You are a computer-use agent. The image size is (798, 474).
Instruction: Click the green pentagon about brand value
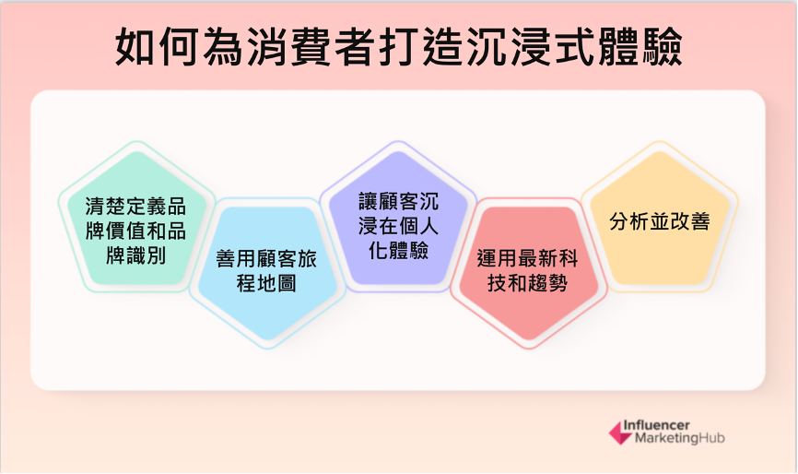click(x=136, y=219)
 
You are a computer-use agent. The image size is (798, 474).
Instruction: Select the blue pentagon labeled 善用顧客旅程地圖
click(x=267, y=272)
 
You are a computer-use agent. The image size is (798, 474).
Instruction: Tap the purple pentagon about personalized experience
click(x=398, y=219)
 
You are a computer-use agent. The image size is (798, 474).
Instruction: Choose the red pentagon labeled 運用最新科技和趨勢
click(x=529, y=272)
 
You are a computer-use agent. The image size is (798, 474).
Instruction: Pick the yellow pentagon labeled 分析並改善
click(x=660, y=219)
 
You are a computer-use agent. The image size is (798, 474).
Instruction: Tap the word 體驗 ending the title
click(x=640, y=47)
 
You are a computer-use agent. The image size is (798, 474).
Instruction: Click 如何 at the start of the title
click(x=157, y=47)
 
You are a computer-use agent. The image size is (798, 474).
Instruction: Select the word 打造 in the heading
click(x=421, y=47)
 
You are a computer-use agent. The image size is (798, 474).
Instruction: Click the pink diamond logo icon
click(x=621, y=433)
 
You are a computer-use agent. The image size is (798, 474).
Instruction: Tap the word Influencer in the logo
click(x=656, y=425)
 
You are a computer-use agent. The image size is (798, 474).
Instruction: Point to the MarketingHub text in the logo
click(x=679, y=438)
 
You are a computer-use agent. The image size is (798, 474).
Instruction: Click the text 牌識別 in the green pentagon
click(x=135, y=255)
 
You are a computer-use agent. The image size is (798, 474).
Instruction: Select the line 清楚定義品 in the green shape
click(x=135, y=207)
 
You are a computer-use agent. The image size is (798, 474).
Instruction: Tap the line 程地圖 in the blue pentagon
click(x=266, y=283)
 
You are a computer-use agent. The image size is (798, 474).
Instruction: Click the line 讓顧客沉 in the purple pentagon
click(x=398, y=201)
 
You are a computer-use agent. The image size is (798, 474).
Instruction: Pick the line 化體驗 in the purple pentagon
click(x=398, y=250)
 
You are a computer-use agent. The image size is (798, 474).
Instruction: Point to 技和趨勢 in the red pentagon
click(x=528, y=283)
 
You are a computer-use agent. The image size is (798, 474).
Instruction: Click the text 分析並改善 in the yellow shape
click(x=660, y=221)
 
